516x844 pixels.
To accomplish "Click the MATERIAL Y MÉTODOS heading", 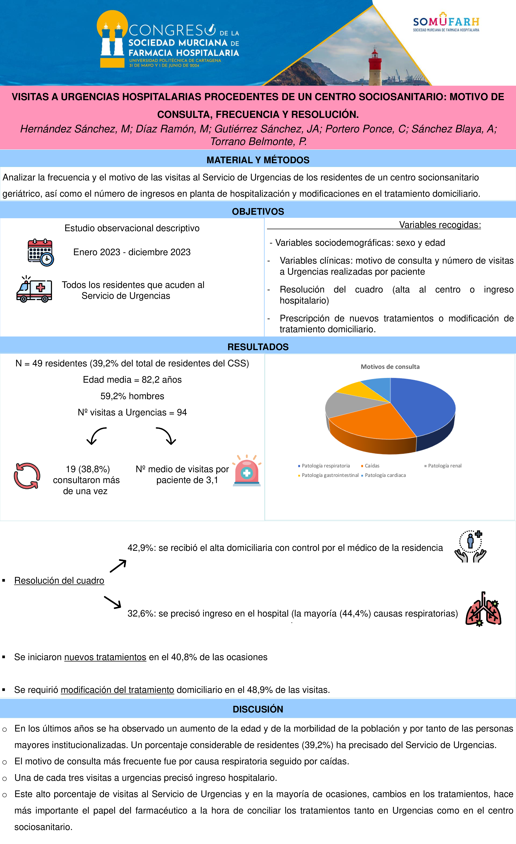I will point(258,160).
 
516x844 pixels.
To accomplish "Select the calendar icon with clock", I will point(40,252).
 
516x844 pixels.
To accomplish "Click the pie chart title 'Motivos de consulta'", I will point(390,367).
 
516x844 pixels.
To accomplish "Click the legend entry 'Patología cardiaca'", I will point(385,475).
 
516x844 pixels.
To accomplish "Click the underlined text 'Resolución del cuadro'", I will point(59,581).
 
